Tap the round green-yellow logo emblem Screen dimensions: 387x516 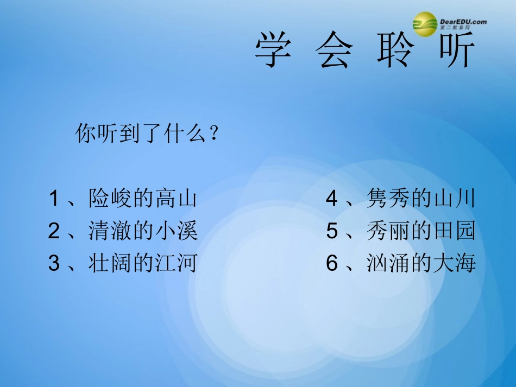425,24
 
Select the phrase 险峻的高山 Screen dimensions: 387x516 143,199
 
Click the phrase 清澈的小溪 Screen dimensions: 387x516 143,231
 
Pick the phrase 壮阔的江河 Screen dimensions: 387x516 143,263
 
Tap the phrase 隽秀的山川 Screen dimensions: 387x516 421,199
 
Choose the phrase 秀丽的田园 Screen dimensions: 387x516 421,231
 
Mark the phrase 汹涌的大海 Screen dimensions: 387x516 421,263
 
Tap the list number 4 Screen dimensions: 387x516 332,199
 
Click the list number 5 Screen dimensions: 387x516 332,231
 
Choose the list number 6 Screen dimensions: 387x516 332,263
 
